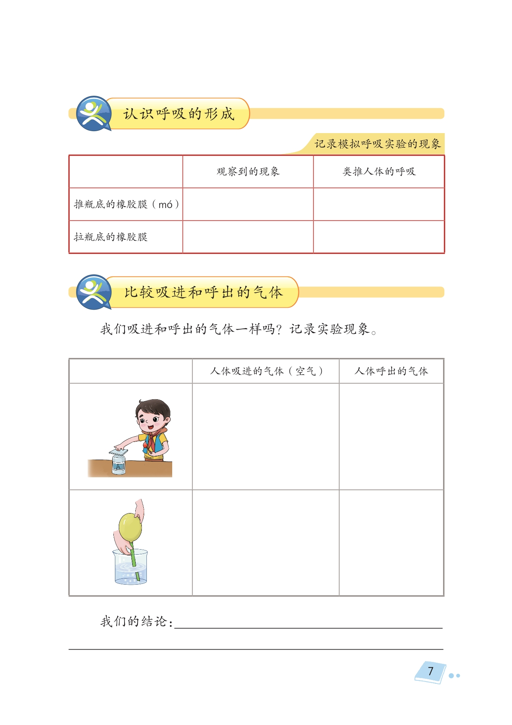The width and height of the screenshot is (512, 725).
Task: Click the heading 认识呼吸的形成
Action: pyautogui.click(x=178, y=114)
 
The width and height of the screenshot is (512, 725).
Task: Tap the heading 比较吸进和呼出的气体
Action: pyautogui.click(x=203, y=292)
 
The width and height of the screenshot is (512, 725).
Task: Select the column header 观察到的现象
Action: pyautogui.click(x=248, y=172)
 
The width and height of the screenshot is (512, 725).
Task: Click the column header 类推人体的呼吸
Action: pyautogui.click(x=379, y=172)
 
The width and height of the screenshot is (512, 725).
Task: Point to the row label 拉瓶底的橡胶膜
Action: pyautogui.click(x=111, y=237)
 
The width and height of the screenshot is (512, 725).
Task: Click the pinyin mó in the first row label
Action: pyautogui.click(x=165, y=205)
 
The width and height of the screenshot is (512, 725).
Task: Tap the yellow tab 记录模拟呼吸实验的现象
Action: pyautogui.click(x=377, y=144)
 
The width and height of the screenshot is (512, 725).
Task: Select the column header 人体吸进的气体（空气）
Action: pyautogui.click(x=266, y=371)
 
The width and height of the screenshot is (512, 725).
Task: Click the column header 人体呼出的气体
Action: pyautogui.click(x=391, y=371)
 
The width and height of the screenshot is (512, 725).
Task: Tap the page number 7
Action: pyautogui.click(x=431, y=671)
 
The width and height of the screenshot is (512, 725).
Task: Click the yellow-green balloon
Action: pyautogui.click(x=130, y=526)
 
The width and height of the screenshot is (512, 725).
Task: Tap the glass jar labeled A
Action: pyautogui.click(x=118, y=465)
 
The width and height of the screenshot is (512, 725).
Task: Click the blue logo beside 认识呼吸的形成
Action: pyautogui.click(x=93, y=113)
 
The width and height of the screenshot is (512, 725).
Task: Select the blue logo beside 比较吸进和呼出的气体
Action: pyautogui.click(x=93, y=292)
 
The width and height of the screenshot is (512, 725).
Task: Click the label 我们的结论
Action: pyautogui.click(x=136, y=621)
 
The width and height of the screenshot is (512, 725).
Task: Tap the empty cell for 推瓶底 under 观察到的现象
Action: pyautogui.click(x=248, y=204)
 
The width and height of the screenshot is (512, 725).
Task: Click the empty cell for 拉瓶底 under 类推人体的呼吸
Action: pyautogui.click(x=379, y=237)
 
